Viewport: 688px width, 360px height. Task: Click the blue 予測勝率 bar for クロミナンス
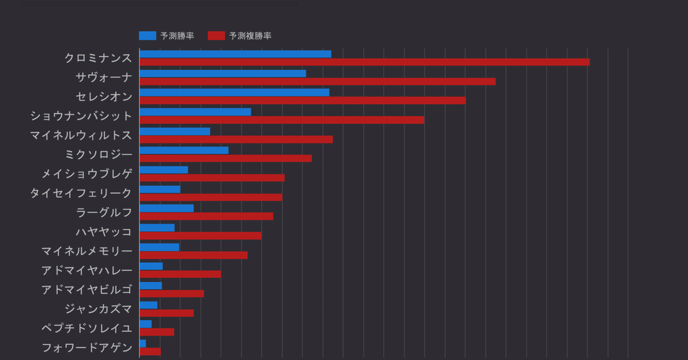coord(235,54)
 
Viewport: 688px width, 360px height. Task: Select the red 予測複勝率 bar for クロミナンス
coord(364,62)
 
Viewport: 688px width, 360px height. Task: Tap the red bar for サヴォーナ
coord(317,81)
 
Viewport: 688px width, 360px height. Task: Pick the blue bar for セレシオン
coord(234,92)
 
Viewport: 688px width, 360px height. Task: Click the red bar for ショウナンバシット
coord(282,120)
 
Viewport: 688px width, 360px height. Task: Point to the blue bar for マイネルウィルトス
coord(175,131)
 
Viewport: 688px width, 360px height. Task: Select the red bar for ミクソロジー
coord(225,159)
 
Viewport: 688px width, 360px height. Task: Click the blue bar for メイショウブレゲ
coord(163,170)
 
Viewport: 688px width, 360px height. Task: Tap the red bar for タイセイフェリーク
coord(211,197)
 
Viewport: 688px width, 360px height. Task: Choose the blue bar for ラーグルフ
coord(167,208)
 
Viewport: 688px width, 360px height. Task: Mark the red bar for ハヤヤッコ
coord(200,236)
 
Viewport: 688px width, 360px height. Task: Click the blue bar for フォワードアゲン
coord(142,343)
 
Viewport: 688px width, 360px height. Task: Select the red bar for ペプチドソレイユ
coord(156,332)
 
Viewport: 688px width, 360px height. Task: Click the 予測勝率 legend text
coord(177,36)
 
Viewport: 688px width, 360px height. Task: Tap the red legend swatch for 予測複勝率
coord(216,36)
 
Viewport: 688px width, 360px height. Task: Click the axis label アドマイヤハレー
coord(87,270)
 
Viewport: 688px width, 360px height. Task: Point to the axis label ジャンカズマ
coord(98,309)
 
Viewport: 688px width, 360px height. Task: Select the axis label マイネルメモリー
coord(87,251)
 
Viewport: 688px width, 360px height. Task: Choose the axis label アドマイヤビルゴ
coord(87,290)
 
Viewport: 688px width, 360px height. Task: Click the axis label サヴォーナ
coord(104,77)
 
